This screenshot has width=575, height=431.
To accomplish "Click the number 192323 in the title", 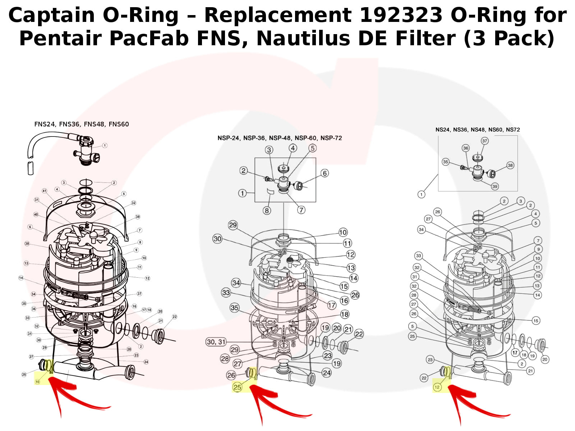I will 401,15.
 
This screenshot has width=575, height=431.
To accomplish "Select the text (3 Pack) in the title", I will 509,38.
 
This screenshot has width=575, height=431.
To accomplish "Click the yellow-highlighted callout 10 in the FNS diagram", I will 37,382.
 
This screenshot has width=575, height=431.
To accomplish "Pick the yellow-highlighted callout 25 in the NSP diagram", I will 237,388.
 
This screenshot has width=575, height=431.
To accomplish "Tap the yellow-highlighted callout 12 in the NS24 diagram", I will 437,387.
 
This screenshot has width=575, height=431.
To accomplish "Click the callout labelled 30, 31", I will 216,342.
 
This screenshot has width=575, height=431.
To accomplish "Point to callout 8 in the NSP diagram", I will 267,210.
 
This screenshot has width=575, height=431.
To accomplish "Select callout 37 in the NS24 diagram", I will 485,141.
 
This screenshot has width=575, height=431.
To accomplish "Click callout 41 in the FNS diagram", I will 45,191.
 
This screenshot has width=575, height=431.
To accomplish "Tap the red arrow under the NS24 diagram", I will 467,402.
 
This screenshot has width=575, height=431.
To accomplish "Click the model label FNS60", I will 119,124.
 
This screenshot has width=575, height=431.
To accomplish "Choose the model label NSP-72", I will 331,138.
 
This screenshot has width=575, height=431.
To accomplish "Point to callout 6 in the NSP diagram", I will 325,173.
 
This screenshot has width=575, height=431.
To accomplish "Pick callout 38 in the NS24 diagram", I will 510,165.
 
